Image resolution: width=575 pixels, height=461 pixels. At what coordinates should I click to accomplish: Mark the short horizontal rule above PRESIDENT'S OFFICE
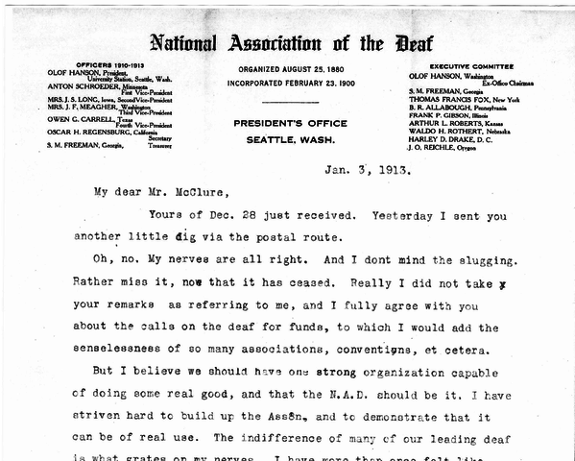tap(287, 102)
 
